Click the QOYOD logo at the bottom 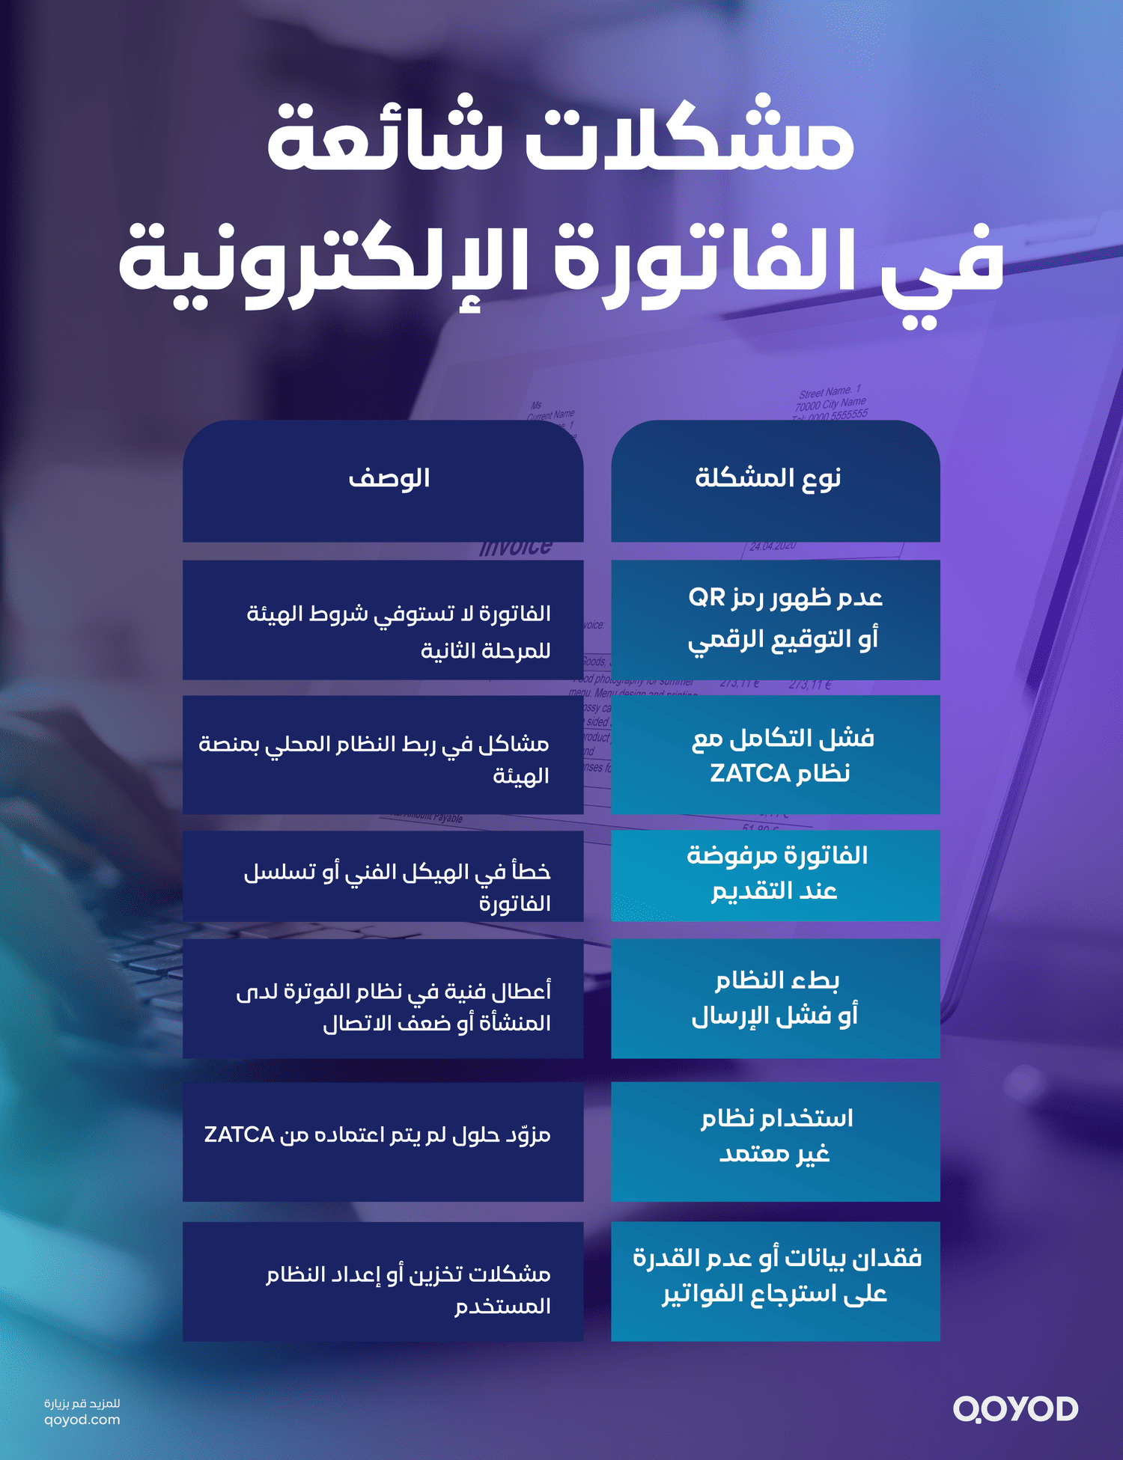1014,1409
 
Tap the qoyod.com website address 82,1420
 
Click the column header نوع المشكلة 768,477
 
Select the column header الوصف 389,477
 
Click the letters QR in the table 707,597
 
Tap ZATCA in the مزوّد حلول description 239,1134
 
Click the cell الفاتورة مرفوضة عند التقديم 776,874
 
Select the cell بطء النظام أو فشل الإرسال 776,998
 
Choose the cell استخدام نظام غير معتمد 776,1136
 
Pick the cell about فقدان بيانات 776,1276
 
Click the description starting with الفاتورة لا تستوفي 398,631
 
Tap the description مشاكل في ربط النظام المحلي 374,759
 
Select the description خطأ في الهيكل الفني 397,886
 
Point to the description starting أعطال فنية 394,1007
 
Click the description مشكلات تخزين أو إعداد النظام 409,1289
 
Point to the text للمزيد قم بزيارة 82,1403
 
